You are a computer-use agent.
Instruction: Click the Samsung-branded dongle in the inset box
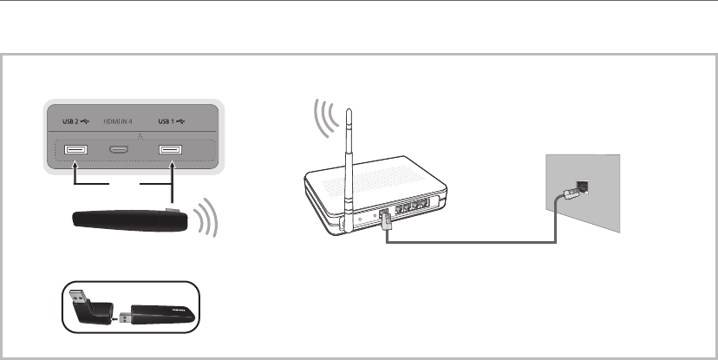(160, 311)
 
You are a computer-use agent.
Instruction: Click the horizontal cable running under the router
(468, 242)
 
